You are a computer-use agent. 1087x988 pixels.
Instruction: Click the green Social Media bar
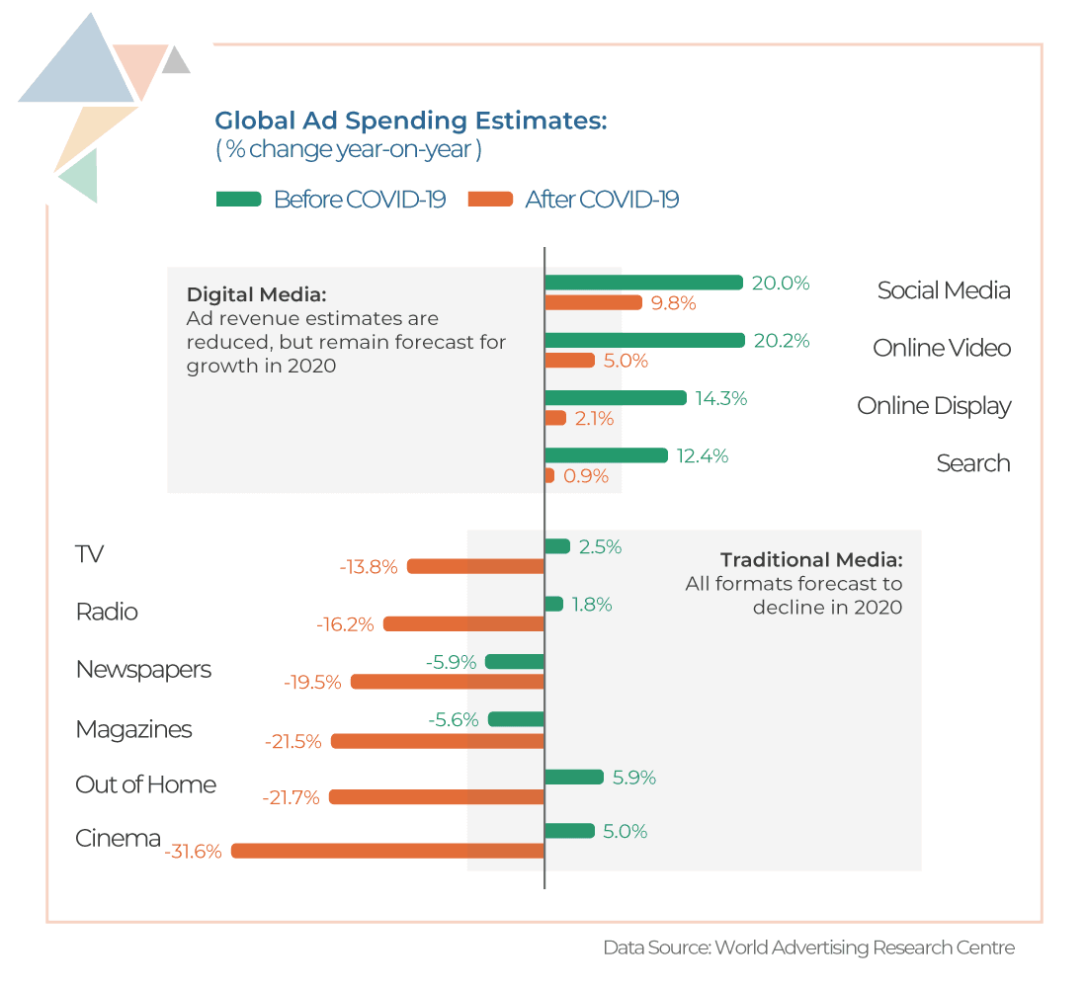(x=643, y=283)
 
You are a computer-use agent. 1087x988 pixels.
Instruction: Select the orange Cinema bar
(x=387, y=851)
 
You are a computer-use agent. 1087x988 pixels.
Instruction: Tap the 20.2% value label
(x=781, y=341)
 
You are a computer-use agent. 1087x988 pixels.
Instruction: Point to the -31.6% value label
(x=194, y=851)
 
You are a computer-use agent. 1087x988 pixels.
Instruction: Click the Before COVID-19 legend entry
(x=331, y=200)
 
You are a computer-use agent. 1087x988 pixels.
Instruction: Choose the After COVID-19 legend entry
(x=575, y=200)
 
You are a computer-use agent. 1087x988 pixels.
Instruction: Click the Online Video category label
(x=941, y=349)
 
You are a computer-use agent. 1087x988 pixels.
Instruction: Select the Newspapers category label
(x=143, y=670)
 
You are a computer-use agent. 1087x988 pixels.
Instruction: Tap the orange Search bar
(x=549, y=475)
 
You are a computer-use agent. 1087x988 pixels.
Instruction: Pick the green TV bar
(x=557, y=546)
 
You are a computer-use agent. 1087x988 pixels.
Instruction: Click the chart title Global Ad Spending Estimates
(x=410, y=122)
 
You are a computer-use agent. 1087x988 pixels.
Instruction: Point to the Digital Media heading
(x=256, y=294)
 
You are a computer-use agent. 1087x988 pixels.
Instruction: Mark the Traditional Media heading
(x=810, y=560)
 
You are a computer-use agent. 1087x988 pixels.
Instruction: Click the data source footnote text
(x=808, y=947)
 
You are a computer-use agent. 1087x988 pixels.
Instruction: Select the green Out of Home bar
(x=573, y=777)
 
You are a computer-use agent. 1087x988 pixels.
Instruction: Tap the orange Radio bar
(x=463, y=624)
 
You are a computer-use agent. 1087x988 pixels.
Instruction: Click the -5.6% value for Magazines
(x=454, y=720)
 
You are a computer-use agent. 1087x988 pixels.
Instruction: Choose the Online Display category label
(x=933, y=406)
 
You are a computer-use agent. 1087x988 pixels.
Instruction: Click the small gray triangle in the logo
(x=176, y=62)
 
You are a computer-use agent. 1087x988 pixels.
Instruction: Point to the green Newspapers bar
(x=515, y=662)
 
